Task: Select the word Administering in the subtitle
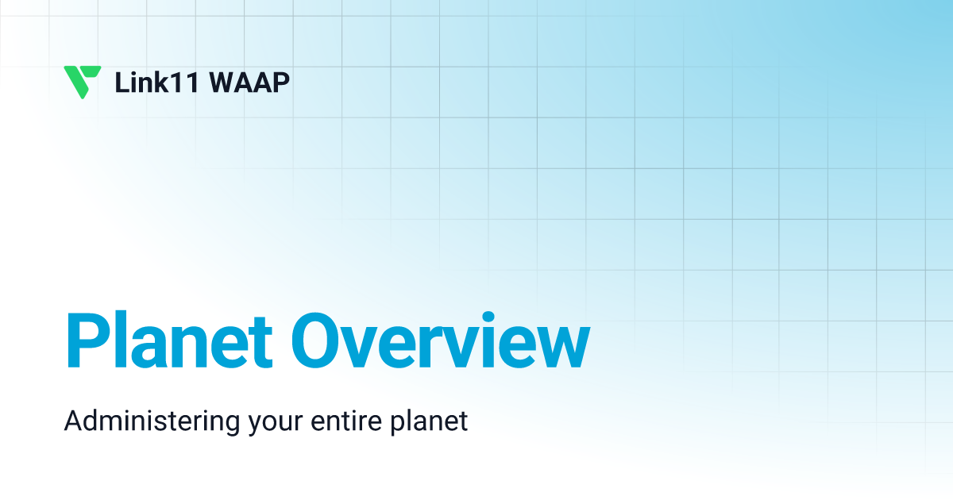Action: [151, 421]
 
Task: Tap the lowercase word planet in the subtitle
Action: [429, 421]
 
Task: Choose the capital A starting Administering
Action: [73, 421]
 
